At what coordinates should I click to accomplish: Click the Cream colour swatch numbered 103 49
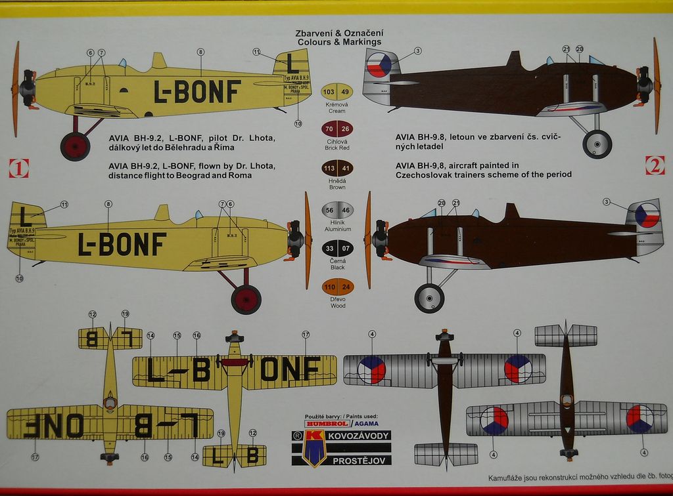pos(337,92)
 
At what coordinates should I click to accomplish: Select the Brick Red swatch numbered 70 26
pos(337,129)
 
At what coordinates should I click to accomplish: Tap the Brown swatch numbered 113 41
pos(337,168)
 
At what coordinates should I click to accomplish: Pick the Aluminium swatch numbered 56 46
pos(337,210)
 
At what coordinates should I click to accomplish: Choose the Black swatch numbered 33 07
pos(337,249)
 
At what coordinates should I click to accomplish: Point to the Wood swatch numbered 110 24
pos(337,287)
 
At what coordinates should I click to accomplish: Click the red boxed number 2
pos(655,165)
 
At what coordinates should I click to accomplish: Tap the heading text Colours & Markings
pos(339,41)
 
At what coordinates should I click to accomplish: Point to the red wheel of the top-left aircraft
pos(75,146)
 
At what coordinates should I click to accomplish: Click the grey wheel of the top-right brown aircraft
pos(597,144)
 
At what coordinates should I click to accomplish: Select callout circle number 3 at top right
pos(418,51)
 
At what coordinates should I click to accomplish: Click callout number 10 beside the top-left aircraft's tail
pos(298,123)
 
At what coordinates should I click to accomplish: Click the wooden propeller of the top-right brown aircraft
pos(656,85)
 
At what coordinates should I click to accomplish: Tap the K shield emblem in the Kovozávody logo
pos(313,448)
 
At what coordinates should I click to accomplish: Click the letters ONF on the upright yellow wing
pos(290,369)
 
